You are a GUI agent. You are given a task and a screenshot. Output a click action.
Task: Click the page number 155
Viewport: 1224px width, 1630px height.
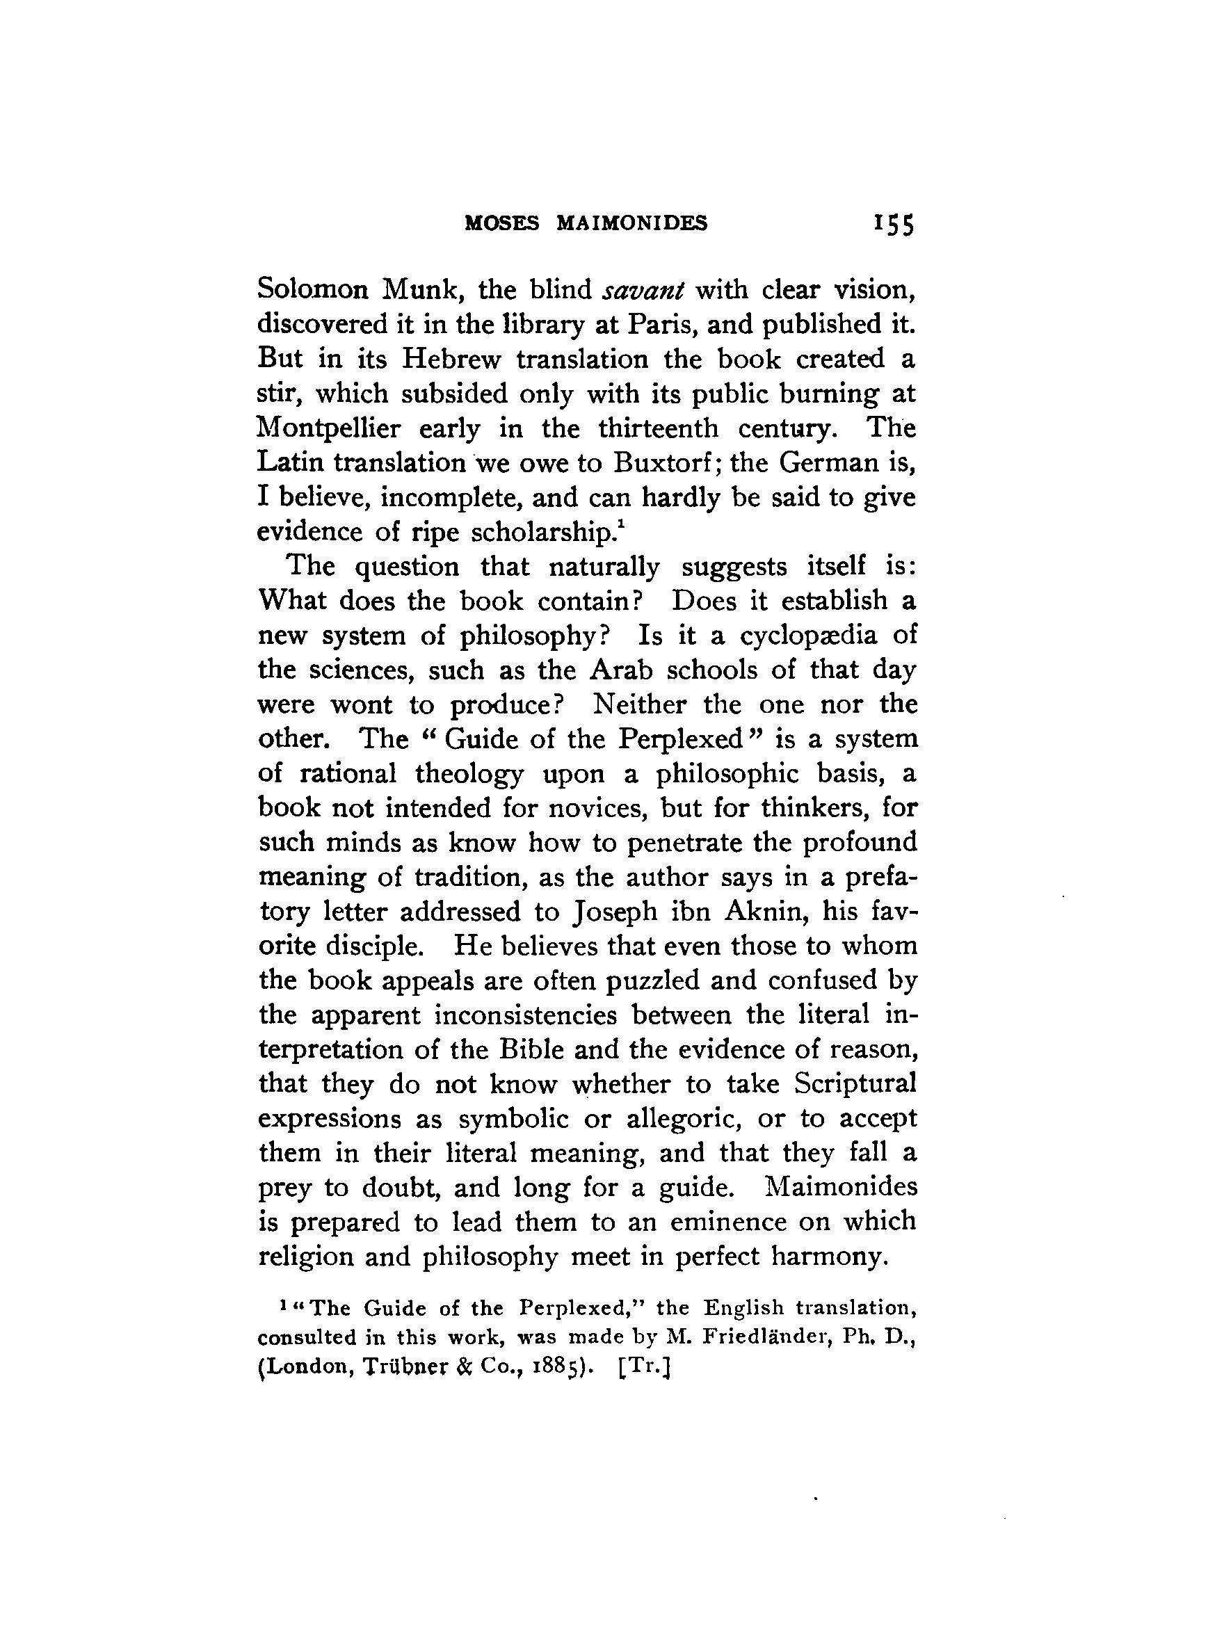893,224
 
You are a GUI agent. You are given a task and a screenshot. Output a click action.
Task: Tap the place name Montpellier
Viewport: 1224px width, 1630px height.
329,429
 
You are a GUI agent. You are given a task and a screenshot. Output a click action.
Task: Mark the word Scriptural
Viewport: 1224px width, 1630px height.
855,1084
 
